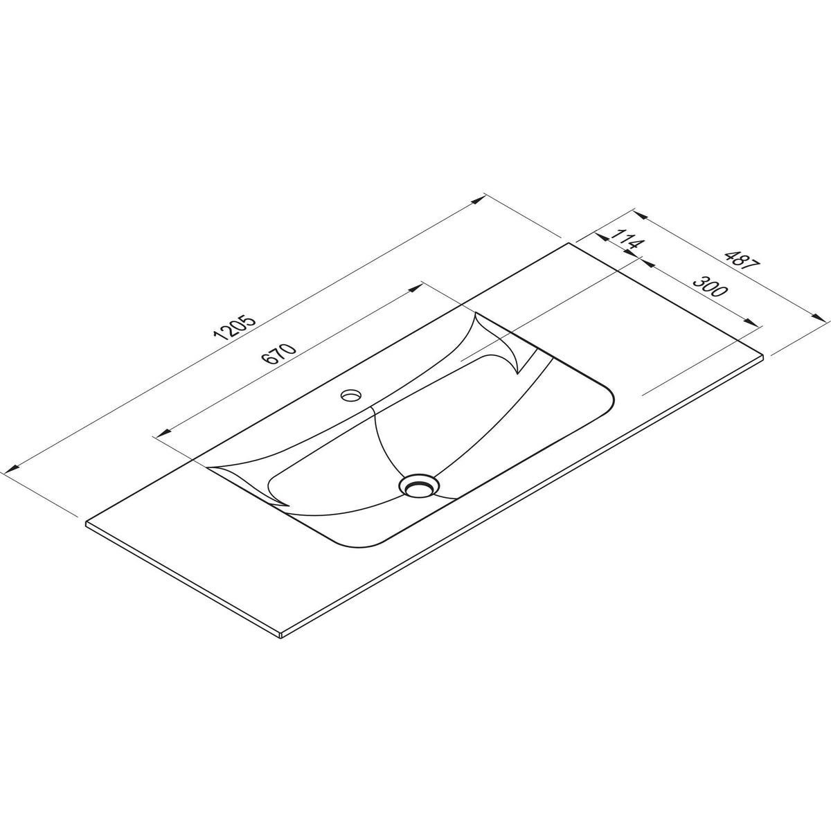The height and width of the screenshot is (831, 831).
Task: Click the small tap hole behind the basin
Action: (x=352, y=395)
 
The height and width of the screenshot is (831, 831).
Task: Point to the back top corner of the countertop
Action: (x=569, y=243)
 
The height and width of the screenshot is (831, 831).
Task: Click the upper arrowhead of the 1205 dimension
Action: (x=478, y=199)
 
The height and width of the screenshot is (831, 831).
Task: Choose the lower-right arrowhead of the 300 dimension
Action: (x=750, y=321)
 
